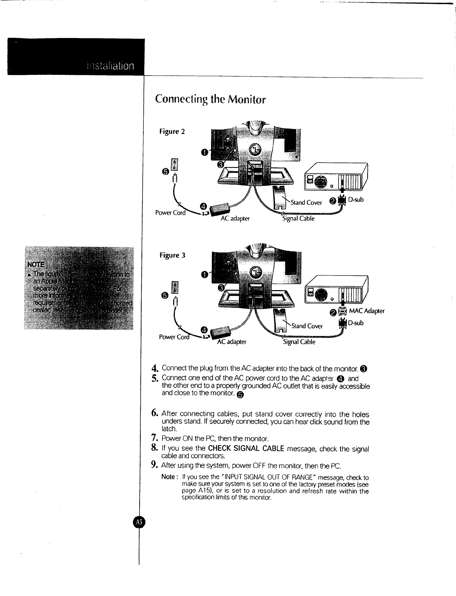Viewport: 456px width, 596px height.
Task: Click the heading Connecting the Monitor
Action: coord(210,100)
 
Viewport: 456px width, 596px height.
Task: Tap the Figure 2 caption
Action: coord(172,131)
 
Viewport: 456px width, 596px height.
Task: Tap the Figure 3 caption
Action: coord(172,255)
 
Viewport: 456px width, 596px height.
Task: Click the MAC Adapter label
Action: coord(366,311)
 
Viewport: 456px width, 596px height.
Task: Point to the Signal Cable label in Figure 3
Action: coord(300,342)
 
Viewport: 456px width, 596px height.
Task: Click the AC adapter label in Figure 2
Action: coord(235,218)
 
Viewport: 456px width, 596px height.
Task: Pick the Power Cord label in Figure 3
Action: coord(171,337)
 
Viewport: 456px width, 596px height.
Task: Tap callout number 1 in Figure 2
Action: coord(204,152)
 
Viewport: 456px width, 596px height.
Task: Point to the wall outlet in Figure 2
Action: coord(174,164)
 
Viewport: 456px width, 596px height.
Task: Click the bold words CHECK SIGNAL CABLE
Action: coord(246,449)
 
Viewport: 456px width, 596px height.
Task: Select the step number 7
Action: coord(154,438)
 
